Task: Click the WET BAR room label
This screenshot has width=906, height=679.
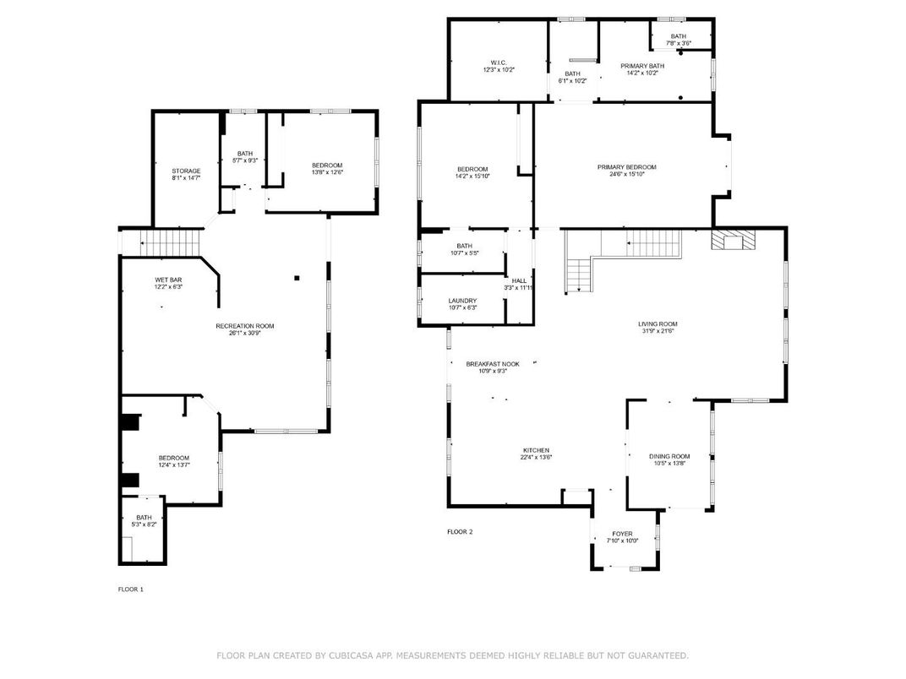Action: [169, 280]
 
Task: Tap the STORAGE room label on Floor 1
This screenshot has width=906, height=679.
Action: [186, 171]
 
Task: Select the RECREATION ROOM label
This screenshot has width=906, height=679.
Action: [245, 325]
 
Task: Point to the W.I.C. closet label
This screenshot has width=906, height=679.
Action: [498, 62]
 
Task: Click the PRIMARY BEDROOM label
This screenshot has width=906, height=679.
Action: [626, 167]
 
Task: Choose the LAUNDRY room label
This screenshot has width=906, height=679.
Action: [462, 301]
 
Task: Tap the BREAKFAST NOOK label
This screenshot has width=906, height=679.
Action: [493, 364]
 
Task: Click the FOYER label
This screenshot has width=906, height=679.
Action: [622, 534]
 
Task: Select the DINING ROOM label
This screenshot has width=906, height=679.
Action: [669, 456]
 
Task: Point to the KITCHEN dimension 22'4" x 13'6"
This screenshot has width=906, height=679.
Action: [536, 458]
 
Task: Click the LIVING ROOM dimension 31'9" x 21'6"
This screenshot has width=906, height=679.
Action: [658, 331]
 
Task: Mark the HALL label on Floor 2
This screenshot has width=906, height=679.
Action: [519, 280]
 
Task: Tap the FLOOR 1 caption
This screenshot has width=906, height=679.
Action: [130, 589]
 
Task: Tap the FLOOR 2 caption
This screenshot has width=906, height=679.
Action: [460, 531]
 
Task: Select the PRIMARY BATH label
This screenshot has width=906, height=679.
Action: [642, 66]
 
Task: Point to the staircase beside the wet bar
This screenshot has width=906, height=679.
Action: [172, 242]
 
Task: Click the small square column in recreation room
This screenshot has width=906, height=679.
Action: [297, 277]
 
